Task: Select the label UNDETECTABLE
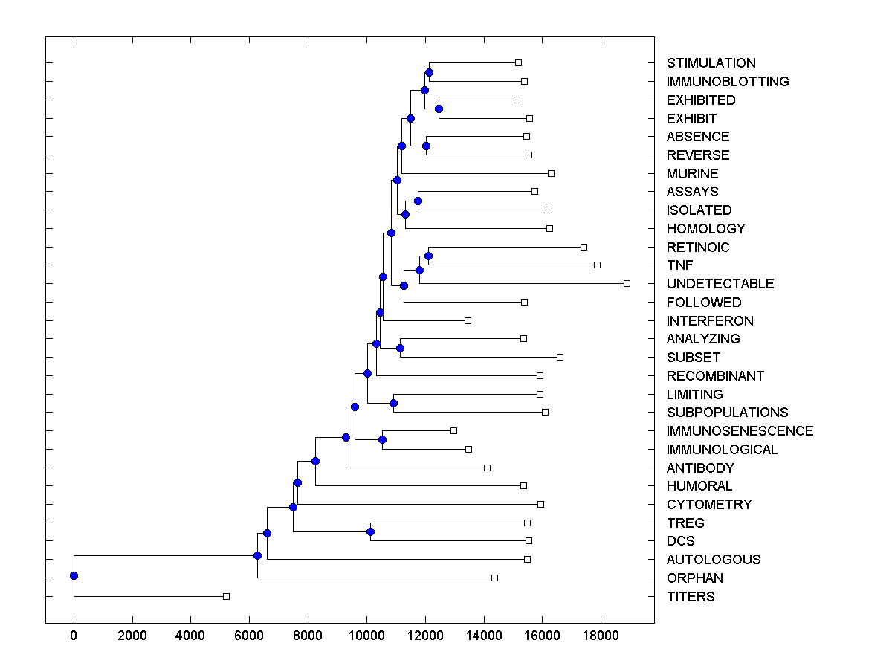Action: tap(720, 284)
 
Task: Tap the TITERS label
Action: tap(691, 597)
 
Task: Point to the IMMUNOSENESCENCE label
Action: tap(740, 431)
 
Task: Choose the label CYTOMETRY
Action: tap(709, 505)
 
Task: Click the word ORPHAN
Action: tap(694, 578)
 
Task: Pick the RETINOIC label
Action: tap(698, 248)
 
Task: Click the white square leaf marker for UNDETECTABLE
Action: tap(627, 283)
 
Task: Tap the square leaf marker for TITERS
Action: tap(227, 596)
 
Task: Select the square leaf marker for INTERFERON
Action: tap(468, 320)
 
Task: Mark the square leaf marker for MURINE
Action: tap(551, 173)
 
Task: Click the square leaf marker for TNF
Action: tap(597, 265)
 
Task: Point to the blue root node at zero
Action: tap(74, 575)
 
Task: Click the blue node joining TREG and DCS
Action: tap(370, 531)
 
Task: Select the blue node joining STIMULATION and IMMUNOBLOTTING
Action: tap(429, 72)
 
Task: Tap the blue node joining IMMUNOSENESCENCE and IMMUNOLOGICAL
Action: tap(382, 439)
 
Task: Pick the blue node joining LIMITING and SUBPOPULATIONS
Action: tap(393, 403)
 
